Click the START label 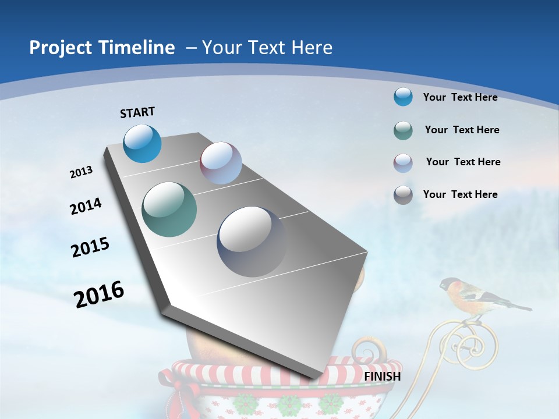click(137, 112)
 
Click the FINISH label click(382, 377)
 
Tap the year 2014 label click(86, 206)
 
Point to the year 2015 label click(90, 247)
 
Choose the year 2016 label click(99, 294)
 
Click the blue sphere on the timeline click(143, 143)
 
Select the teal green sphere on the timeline click(169, 210)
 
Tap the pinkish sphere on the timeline click(221, 163)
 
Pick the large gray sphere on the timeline click(252, 241)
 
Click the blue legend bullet click(403, 97)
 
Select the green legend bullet click(403, 130)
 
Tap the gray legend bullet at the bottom click(403, 195)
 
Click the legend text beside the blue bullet click(460, 97)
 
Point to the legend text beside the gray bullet click(460, 194)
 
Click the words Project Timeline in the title click(102, 48)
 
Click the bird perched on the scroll click(477, 294)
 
